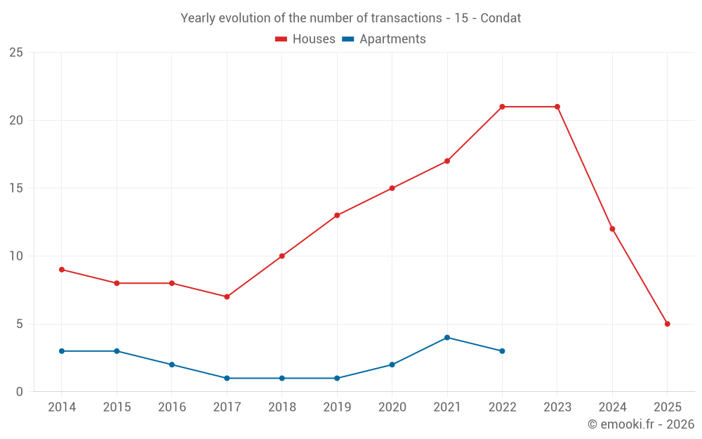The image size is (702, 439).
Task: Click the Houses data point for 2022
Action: click(x=502, y=107)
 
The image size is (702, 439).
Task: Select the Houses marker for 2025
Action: click(x=667, y=324)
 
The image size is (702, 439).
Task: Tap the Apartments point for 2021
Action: click(x=447, y=337)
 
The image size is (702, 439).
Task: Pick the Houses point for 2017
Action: click(x=227, y=296)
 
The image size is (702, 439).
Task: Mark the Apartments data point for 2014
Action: click(x=62, y=351)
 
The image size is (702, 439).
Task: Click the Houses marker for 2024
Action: click(x=612, y=229)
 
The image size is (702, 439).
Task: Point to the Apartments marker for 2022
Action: click(x=502, y=351)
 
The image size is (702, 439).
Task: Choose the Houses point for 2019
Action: click(x=337, y=215)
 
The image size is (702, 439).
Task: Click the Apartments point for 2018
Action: click(x=282, y=378)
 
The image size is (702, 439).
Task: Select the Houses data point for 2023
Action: click(x=557, y=107)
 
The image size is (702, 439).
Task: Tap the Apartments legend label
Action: click(x=392, y=39)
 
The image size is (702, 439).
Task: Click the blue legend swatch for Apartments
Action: click(x=347, y=39)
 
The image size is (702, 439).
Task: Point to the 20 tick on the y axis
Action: click(x=15, y=120)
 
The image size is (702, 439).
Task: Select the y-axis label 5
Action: click(x=20, y=324)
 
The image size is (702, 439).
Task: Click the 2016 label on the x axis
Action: click(x=172, y=407)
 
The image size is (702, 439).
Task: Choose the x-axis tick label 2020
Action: click(x=392, y=407)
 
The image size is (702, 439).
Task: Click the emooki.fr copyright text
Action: click(x=641, y=424)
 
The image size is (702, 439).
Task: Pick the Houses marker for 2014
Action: click(x=62, y=270)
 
